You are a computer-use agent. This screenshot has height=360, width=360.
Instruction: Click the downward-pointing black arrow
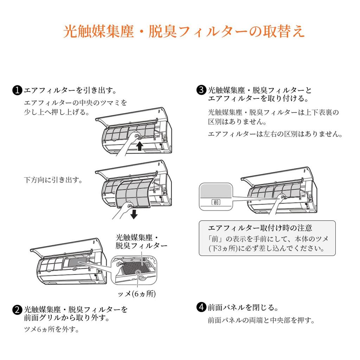133,213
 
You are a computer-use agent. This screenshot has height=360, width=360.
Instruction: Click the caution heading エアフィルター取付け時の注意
260,228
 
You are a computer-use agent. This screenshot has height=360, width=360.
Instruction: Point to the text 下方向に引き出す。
53,180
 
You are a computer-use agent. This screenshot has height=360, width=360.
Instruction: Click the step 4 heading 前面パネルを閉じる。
243,307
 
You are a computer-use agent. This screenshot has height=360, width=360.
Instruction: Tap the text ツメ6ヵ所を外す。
51,329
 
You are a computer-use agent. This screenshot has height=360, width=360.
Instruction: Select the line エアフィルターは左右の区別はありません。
275,134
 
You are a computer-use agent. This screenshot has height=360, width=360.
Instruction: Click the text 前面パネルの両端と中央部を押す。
261,320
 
